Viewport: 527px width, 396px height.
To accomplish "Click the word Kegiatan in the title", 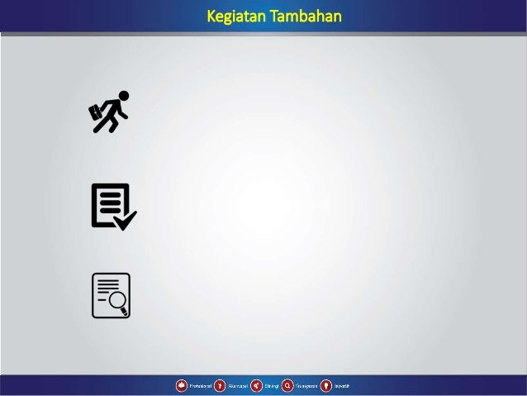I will click(232, 17).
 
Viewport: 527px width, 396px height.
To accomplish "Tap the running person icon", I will click(109, 112).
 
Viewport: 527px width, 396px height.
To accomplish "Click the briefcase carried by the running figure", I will click(97, 115).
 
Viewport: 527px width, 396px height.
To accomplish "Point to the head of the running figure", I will click(124, 96).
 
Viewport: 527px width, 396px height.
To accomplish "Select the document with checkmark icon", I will click(112, 206).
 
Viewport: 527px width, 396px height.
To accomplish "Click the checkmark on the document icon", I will click(125, 219).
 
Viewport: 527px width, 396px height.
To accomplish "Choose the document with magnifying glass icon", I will click(111, 295).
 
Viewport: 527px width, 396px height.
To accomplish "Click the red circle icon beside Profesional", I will click(180, 385).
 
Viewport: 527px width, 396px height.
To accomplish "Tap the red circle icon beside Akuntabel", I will click(220, 385).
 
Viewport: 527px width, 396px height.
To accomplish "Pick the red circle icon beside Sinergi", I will click(257, 385).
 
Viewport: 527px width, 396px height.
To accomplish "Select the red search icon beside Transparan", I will click(287, 385).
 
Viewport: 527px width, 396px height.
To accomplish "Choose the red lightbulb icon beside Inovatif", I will click(326, 385).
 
